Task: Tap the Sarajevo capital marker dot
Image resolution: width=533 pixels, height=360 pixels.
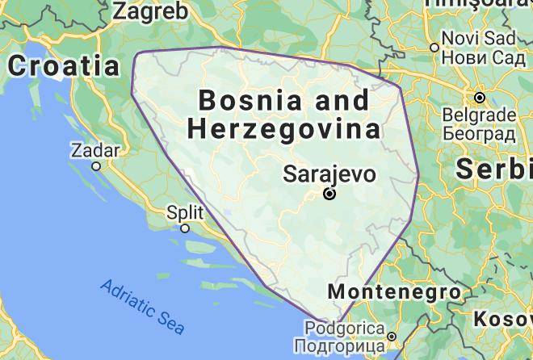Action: click(329, 195)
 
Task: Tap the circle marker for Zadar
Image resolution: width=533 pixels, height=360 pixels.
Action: click(95, 166)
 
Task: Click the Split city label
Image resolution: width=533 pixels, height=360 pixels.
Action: click(185, 213)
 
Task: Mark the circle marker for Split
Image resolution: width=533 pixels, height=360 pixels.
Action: click(185, 228)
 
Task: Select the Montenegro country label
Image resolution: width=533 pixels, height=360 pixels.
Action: click(395, 291)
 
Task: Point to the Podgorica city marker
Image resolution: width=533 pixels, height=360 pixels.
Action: click(391, 337)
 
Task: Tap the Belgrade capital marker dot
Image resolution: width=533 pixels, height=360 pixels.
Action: click(480, 98)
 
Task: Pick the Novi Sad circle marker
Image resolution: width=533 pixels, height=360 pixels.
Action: click(435, 48)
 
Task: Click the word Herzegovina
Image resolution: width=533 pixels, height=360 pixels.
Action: click(283, 129)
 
